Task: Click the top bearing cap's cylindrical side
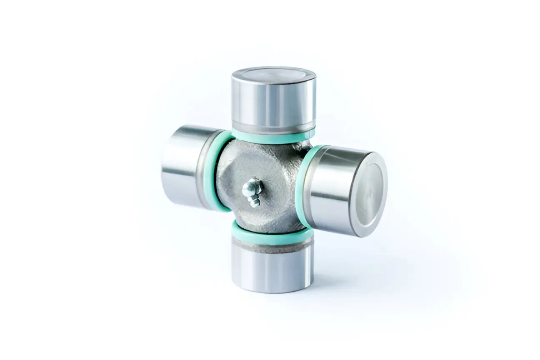pyautogui.click(x=273, y=102)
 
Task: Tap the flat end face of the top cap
pyautogui.click(x=273, y=75)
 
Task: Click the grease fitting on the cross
pyautogui.click(x=252, y=192)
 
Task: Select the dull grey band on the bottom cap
pyautogui.click(x=272, y=247)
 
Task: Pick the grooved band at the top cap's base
pyautogui.click(x=273, y=125)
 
